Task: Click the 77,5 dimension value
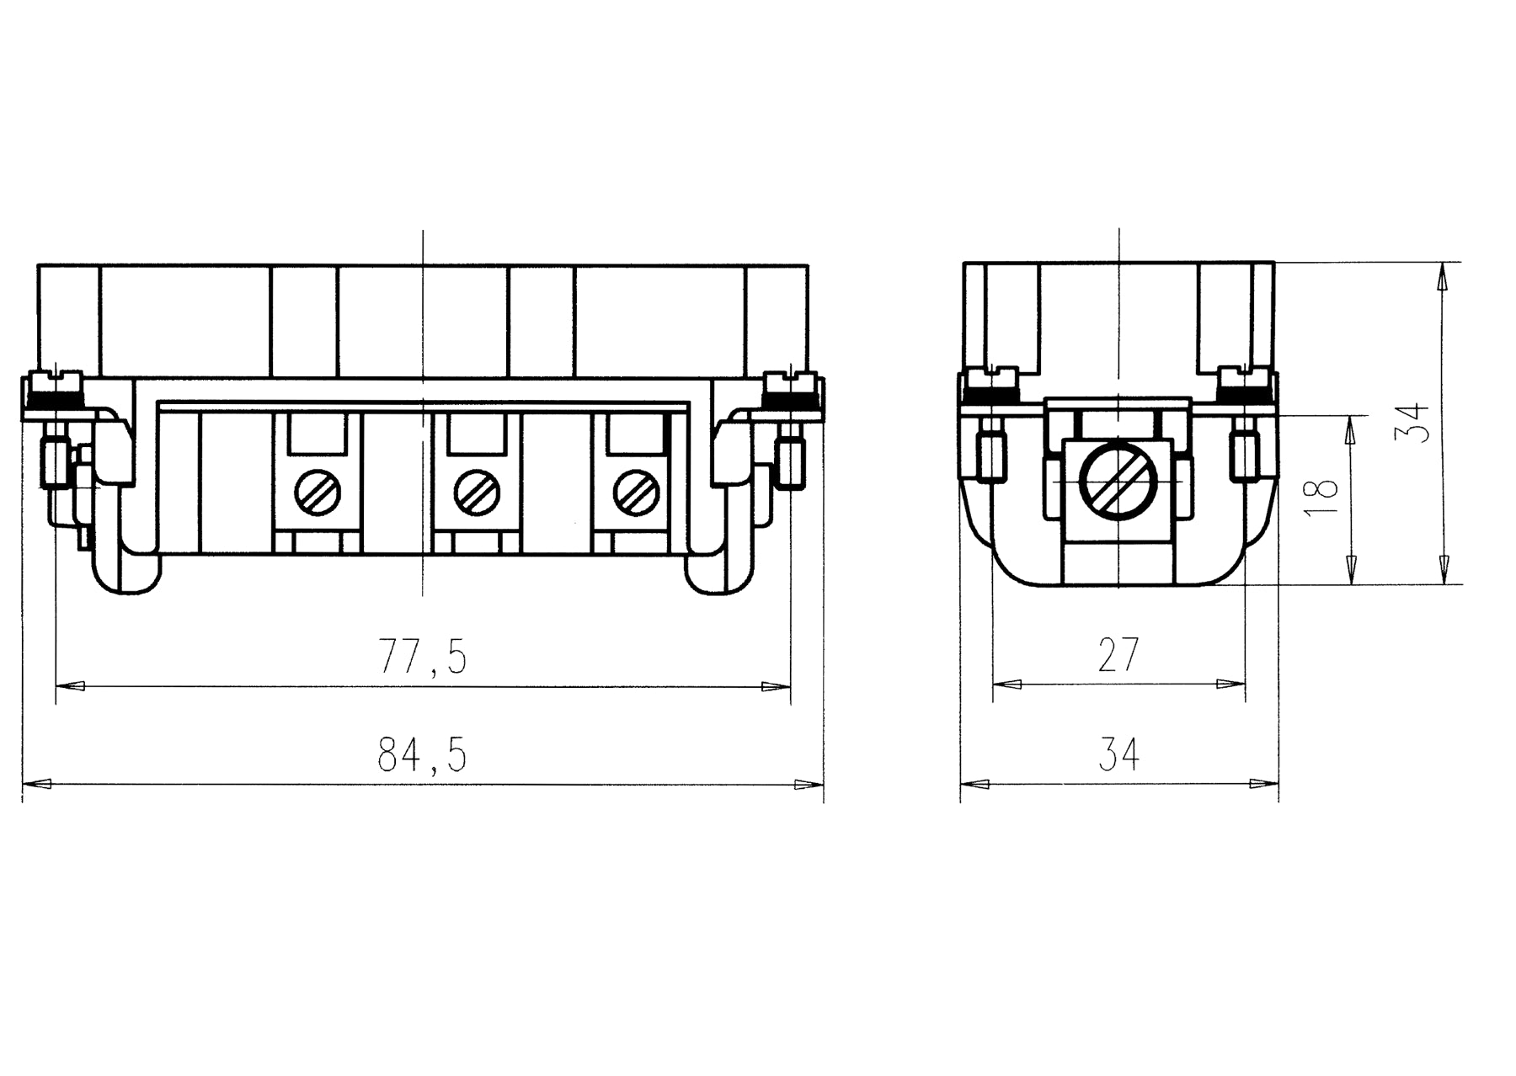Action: point(423,657)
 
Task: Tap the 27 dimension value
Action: point(1118,655)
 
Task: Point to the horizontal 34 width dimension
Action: point(1118,754)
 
